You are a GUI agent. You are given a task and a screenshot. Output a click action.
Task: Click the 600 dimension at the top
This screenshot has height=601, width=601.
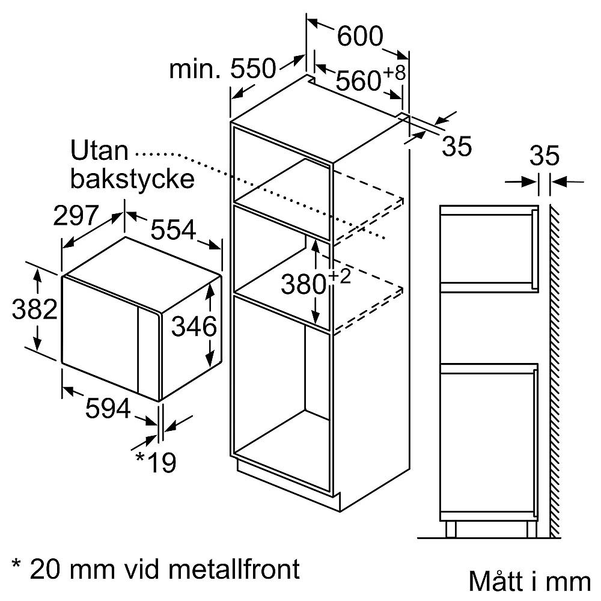coord(359,37)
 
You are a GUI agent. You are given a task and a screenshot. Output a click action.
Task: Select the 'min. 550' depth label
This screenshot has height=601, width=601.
coord(222,70)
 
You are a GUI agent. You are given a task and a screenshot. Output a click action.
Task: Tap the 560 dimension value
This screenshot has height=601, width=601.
coord(359,81)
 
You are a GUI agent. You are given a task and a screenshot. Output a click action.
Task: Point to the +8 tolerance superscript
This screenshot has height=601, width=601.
coord(394,73)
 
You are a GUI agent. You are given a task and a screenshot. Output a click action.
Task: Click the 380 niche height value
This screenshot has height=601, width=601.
coord(304,285)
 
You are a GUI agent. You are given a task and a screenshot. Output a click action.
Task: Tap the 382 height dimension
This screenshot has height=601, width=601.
coord(35,310)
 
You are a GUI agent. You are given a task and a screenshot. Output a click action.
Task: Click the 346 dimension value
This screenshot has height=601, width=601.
coord(193,328)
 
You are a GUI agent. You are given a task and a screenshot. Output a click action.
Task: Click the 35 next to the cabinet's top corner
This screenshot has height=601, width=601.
coord(456,147)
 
